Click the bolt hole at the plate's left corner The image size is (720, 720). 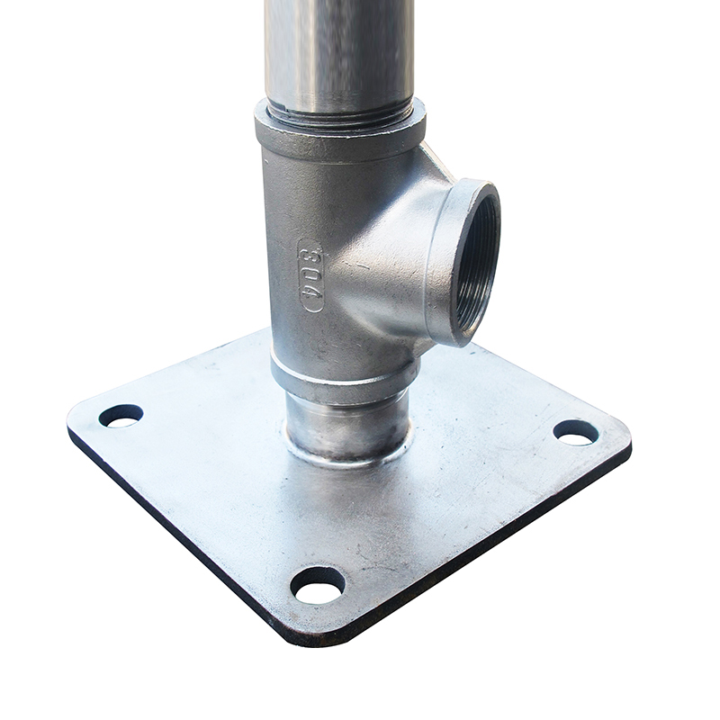pyautogui.click(x=121, y=416)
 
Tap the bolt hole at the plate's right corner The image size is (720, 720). pyautogui.click(x=576, y=433)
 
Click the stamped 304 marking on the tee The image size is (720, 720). pyautogui.click(x=310, y=275)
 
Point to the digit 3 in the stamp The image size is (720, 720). pyautogui.click(x=311, y=252)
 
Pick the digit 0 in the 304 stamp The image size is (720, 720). pyautogui.click(x=311, y=274)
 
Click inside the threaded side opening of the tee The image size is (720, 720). pyautogui.click(x=476, y=262)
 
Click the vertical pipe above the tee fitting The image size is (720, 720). pyautogui.click(x=340, y=55)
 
